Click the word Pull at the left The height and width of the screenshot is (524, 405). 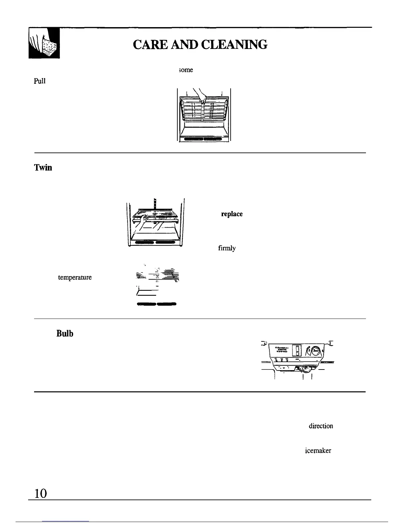(x=39, y=81)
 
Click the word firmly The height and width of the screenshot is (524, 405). (x=227, y=248)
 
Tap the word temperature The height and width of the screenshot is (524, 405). (x=75, y=277)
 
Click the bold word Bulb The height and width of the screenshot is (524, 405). (x=65, y=333)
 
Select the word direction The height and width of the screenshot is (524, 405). (x=321, y=426)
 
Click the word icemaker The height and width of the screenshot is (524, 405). (x=318, y=451)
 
